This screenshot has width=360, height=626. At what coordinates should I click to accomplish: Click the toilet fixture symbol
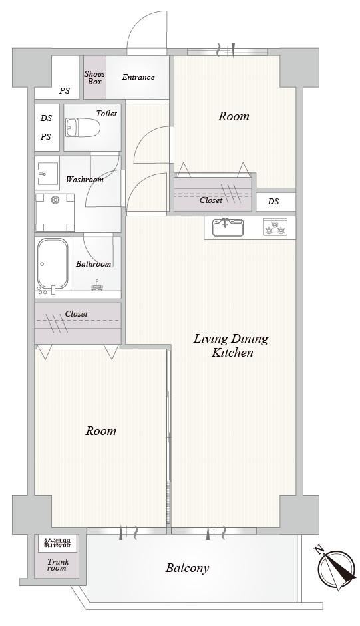click(x=83, y=127)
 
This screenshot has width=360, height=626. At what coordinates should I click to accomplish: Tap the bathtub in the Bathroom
click(x=53, y=264)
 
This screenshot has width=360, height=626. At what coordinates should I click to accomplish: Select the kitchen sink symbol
click(x=226, y=228)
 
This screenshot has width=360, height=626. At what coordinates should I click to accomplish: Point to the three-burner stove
click(x=275, y=228)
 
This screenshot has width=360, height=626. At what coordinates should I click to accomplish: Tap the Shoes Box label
click(x=94, y=77)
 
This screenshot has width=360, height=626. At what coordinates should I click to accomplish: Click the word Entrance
click(x=138, y=77)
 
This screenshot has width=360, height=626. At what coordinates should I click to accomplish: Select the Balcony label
click(x=187, y=567)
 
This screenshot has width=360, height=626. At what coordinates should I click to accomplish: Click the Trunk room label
click(x=57, y=565)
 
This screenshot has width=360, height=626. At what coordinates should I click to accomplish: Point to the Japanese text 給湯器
click(x=57, y=543)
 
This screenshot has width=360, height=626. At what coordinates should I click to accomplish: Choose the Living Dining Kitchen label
click(x=232, y=346)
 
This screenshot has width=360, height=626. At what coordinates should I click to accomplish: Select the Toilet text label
click(x=106, y=114)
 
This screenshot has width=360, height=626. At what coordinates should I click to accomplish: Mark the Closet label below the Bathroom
click(x=77, y=314)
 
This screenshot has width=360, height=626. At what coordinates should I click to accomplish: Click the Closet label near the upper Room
click(x=211, y=200)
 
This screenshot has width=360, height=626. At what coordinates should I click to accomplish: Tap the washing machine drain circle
click(x=55, y=200)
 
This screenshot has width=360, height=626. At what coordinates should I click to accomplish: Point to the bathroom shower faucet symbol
click(x=96, y=286)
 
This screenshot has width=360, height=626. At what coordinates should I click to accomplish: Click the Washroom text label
click(x=85, y=179)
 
